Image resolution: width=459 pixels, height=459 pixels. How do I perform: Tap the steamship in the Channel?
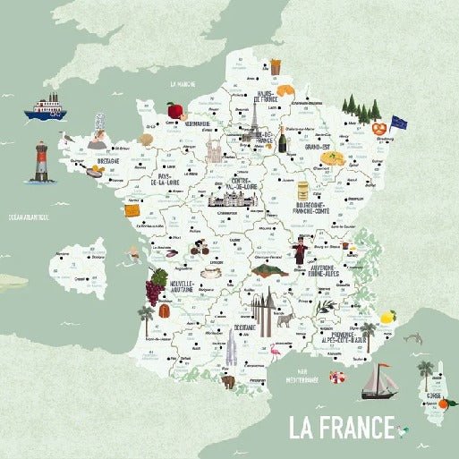pos(49,107)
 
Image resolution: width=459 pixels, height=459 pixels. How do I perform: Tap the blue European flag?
pos(398,123)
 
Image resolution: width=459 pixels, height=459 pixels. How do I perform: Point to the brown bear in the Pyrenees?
pos(228,382)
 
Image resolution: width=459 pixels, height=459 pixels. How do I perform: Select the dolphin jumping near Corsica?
pos(413,338)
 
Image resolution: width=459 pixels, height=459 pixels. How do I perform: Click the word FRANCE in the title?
pos(355,427)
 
